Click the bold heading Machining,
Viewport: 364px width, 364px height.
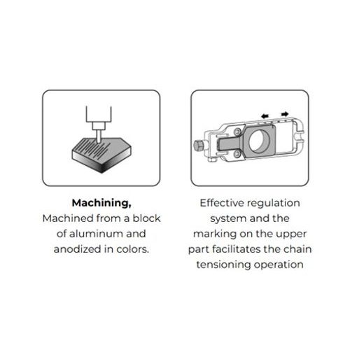(x=101, y=203)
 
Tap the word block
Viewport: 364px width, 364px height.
(x=146, y=218)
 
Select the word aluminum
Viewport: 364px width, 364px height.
(x=96, y=234)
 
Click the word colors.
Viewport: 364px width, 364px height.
(x=132, y=249)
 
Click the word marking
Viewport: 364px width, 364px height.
(x=215, y=234)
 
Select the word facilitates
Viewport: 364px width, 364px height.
(x=237, y=249)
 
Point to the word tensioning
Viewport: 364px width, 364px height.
(x=223, y=265)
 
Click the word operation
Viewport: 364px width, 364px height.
(x=279, y=265)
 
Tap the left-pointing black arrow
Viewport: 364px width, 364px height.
(x=265, y=115)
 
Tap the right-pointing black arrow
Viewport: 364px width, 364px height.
(x=285, y=114)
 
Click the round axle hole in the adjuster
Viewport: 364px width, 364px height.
(x=259, y=141)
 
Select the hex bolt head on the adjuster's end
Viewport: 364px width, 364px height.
(x=198, y=146)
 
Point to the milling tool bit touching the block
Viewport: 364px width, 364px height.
(x=99, y=136)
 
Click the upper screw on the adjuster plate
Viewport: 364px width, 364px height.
(x=237, y=132)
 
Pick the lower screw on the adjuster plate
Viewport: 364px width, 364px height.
(x=237, y=153)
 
